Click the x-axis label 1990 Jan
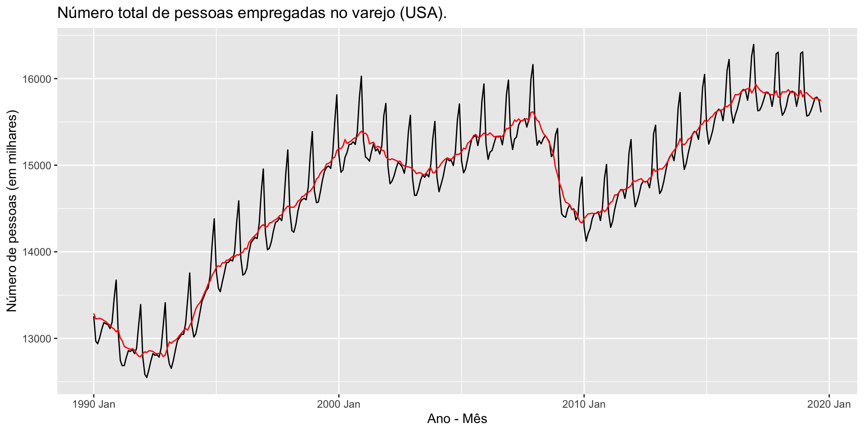tap(94, 404)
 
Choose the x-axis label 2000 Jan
tap(339, 404)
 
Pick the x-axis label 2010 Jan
tap(584, 404)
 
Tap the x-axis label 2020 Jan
tap(829, 404)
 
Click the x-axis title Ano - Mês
tap(457, 419)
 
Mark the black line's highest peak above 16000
tap(753, 45)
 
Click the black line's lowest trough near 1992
tap(147, 377)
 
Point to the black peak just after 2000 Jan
tap(361, 76)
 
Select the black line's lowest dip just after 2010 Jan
tap(586, 241)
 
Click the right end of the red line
tap(821, 100)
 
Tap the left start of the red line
tap(94, 314)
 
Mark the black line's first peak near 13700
tap(116, 280)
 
